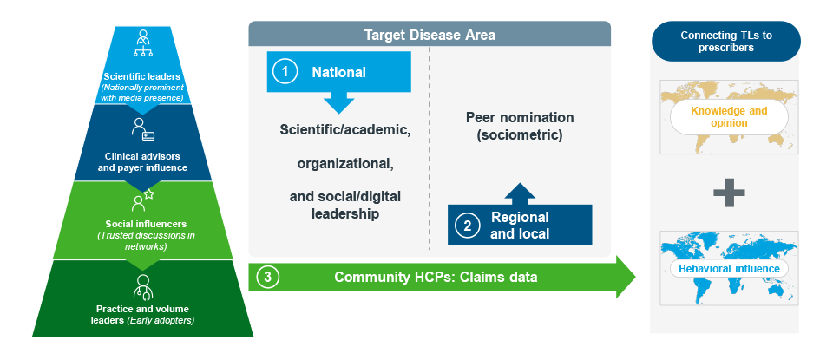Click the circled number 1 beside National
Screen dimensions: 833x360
(285, 72)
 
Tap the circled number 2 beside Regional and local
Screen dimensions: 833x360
(468, 226)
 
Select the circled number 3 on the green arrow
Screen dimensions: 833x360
(268, 278)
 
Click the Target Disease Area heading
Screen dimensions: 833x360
(430, 36)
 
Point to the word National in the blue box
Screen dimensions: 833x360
(339, 72)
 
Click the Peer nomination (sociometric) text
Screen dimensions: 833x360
(520, 126)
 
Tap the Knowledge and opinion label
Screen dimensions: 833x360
(729, 117)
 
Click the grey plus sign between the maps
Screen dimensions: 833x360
(729, 193)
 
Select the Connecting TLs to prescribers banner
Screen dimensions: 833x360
(725, 42)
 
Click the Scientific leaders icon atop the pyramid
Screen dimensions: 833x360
(142, 43)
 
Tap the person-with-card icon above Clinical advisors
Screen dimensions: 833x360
(143, 129)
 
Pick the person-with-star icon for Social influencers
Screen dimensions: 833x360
(142, 200)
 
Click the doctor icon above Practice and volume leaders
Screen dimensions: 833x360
(142, 287)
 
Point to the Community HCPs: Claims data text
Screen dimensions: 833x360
(436, 278)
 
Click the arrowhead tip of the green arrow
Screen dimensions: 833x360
(635, 277)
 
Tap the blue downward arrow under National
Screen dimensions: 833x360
(339, 102)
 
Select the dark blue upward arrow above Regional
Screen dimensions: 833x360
(520, 194)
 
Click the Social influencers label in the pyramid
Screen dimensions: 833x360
(146, 224)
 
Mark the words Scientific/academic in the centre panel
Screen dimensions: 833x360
(345, 130)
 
